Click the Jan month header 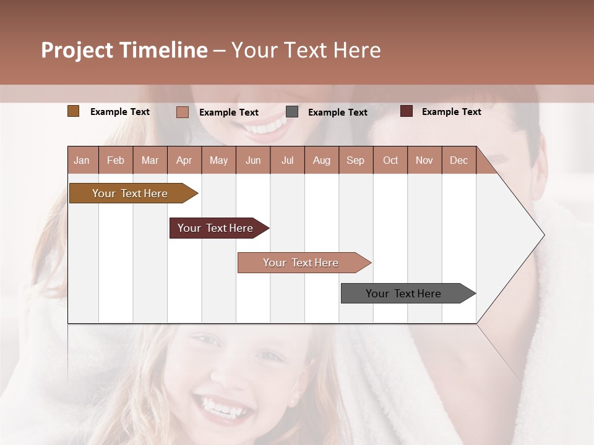click(x=82, y=160)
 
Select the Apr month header click(x=184, y=160)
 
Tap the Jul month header click(x=287, y=160)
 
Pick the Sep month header click(x=355, y=160)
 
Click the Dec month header click(x=458, y=160)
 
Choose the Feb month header click(x=116, y=160)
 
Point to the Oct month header click(x=390, y=160)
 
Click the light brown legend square click(x=74, y=111)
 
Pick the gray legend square click(x=292, y=112)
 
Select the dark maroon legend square click(x=407, y=111)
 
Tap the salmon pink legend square click(x=183, y=112)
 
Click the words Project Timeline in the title click(x=124, y=50)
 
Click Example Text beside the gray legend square click(x=337, y=112)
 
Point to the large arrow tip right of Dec click(x=520, y=235)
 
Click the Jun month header click(x=253, y=160)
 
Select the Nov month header click(x=424, y=160)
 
